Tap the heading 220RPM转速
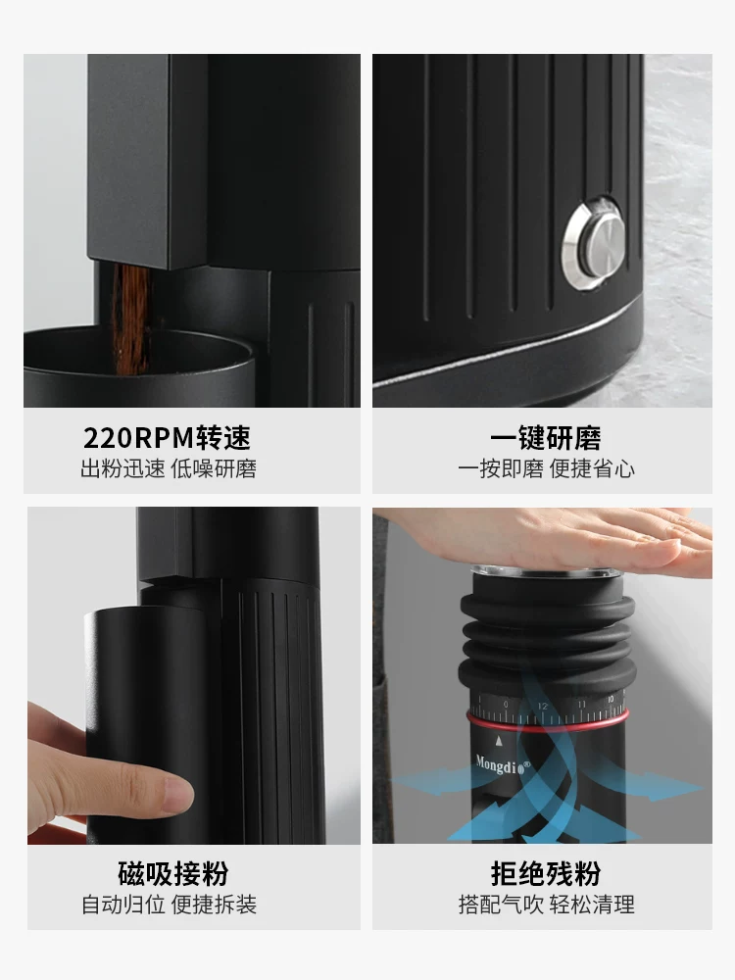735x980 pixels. [167, 437]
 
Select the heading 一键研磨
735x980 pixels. [546, 437]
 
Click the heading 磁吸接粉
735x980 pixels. [172, 873]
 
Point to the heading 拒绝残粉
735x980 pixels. [546, 873]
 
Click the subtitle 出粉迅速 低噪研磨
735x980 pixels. [169, 468]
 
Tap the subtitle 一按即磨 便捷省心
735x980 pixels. [546, 468]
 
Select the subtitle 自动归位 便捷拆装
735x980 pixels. [169, 904]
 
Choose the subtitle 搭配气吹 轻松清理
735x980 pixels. [546, 904]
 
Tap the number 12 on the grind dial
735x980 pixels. [543, 705]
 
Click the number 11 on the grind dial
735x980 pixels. [581, 704]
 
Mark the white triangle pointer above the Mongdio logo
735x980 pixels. [499, 742]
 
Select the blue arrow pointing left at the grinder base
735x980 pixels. [412, 784]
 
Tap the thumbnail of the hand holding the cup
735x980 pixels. [193, 675]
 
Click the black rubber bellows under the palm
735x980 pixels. [545, 627]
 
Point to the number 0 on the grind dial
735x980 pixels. [506, 704]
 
